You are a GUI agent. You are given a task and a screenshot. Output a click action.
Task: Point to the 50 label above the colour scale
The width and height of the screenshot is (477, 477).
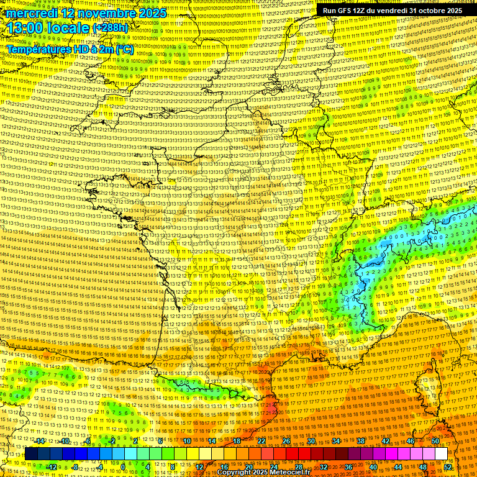[x=435, y=441]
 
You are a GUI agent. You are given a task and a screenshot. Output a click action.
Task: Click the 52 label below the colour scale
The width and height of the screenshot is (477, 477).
[x=448, y=466]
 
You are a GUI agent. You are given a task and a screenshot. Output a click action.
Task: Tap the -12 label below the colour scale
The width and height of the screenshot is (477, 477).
[x=52, y=466]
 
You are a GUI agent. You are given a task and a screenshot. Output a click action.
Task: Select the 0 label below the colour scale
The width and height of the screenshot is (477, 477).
[x=124, y=466]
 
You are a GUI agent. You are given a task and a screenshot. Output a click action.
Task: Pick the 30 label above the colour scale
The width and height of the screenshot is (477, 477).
[x=311, y=441]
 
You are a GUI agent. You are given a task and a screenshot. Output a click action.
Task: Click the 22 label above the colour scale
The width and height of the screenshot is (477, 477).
[x=261, y=441]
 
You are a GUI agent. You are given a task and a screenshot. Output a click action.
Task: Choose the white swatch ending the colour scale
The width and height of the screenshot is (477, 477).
[x=441, y=454]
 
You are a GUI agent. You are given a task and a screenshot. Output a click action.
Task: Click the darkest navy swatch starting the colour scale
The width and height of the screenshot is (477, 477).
[x=31, y=454]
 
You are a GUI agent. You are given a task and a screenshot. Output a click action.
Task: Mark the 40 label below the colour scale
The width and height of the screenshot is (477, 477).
[x=373, y=466]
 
